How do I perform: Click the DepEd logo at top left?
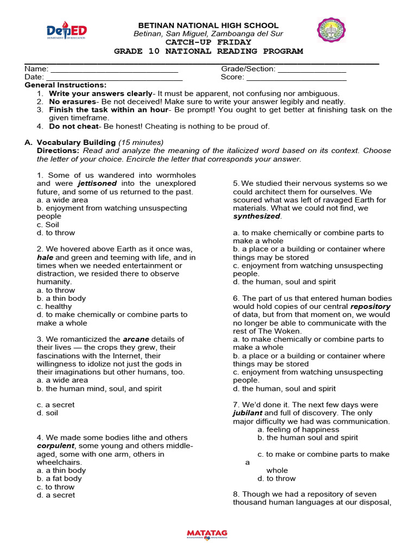pos(67,31)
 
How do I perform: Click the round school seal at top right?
pos(331,31)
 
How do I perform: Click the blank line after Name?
pos(114,69)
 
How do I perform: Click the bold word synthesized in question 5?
pos(257,216)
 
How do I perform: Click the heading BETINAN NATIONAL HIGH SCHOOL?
pos(208,26)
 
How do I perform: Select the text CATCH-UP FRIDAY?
pos(208,42)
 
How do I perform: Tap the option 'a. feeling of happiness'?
pos(298,429)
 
